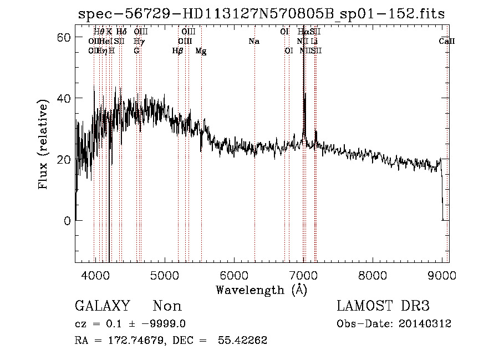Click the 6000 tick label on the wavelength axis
click(x=233, y=276)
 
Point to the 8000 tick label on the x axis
click(x=372, y=276)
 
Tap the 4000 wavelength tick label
click(x=95, y=276)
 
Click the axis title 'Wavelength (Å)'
click(x=261, y=290)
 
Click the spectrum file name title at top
click(x=261, y=13)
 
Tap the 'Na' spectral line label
click(x=254, y=42)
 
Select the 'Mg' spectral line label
click(x=201, y=51)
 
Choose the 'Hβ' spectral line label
click(x=177, y=51)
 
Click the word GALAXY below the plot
click(x=102, y=306)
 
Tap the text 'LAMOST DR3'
click(x=383, y=306)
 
